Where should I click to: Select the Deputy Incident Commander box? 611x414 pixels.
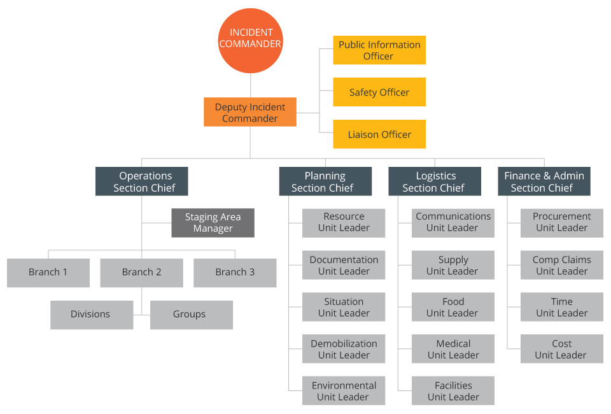click(250, 112)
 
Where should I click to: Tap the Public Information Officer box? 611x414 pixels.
click(379, 50)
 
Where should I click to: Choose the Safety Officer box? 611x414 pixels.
click(379, 92)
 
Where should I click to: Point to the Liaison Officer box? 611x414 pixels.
click(379, 134)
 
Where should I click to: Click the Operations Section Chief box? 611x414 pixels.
click(142, 182)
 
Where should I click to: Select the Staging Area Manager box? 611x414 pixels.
click(213, 223)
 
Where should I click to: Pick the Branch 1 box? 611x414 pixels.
click(48, 273)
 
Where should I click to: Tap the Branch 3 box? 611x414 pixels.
click(235, 273)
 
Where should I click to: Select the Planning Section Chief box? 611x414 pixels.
click(325, 182)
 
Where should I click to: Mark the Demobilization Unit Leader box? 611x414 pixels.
click(344, 349)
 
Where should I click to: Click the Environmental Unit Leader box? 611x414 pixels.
click(344, 391)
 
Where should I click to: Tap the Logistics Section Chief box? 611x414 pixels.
click(435, 182)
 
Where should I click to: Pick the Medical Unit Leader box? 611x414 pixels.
click(453, 349)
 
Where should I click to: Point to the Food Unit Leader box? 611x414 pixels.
click(453, 307)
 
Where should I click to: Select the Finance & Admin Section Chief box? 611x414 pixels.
click(544, 182)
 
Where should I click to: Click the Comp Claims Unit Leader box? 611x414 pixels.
click(561, 265)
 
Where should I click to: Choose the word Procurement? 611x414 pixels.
click(561, 217)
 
